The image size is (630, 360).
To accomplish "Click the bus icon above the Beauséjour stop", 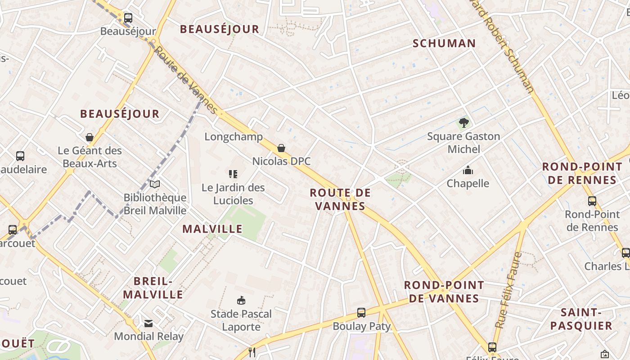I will pos(128,18).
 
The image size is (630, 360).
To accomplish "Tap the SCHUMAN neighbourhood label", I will pos(444,43).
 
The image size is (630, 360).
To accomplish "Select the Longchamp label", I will pos(234,137).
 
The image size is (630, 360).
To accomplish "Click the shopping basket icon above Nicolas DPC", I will pos(281,148).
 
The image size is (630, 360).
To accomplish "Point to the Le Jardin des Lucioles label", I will pos(233,194).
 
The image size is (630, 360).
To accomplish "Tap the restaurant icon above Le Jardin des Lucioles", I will pos(233,174).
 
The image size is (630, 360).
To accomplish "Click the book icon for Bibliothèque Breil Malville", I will pos(155,184).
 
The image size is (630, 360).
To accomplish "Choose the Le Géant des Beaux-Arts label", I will pos(90,157).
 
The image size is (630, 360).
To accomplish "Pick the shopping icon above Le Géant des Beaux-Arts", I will pos(90,137).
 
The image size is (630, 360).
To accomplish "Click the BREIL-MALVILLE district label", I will pos(153,288).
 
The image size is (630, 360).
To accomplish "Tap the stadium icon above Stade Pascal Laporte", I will pos(241,301).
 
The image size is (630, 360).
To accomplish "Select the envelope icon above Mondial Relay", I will pos(148,323).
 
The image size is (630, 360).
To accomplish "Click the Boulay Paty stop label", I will pos(361,326).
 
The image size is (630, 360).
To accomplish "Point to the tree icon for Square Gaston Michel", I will pos(464,122).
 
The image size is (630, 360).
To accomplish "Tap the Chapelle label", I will pos(468,183).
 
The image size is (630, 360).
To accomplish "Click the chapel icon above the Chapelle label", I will pos(468,171).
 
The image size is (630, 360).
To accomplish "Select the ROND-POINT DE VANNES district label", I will pos(444,292).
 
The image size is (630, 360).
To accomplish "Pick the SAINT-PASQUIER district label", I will pos(581,319).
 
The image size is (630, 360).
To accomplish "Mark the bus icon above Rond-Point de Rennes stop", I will pos(592,201).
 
